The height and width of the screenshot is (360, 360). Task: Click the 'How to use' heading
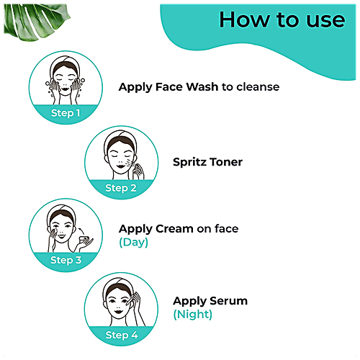[282, 19]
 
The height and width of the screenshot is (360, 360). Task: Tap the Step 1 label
[66, 113]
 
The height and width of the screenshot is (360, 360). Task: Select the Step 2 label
[120, 188]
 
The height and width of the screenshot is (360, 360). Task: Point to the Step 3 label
[66, 259]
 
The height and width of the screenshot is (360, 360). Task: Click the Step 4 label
[120, 334]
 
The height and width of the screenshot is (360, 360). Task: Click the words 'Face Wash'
[183, 87]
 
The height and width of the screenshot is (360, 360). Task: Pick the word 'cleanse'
[256, 87]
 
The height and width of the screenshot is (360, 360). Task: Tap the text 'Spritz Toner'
[207, 162]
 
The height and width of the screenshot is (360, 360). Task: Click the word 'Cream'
[174, 229]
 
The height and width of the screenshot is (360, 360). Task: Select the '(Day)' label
[133, 243]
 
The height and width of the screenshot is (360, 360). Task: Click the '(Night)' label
[192, 315]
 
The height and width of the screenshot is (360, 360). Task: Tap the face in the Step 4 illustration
[119, 303]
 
